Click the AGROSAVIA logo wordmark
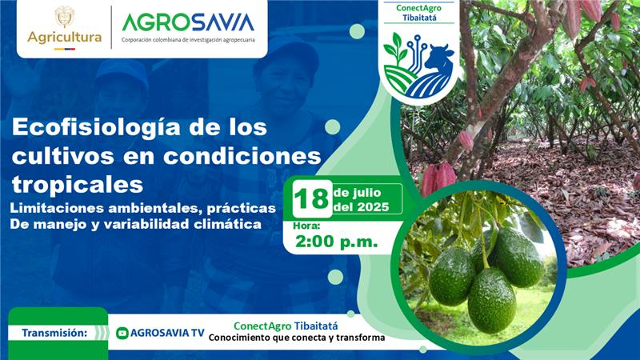click(188, 22)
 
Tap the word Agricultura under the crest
click(65, 38)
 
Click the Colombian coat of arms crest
click(65, 17)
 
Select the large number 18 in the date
click(312, 199)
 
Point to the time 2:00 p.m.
click(336, 242)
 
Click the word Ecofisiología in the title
click(96, 128)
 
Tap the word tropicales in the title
click(78, 185)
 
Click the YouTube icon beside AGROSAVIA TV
click(122, 333)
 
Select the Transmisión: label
click(54, 333)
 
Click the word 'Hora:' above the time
click(306, 226)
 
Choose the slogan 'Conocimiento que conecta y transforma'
click(297, 338)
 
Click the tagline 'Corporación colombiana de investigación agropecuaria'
click(188, 40)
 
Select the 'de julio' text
click(357, 193)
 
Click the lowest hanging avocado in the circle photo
click(491, 300)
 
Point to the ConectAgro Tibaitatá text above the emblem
click(419, 13)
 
